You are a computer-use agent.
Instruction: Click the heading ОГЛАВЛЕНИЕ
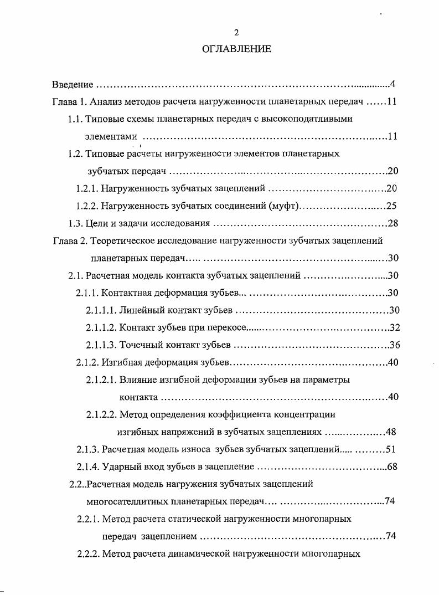coord(236,49)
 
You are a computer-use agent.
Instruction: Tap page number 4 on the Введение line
coord(392,85)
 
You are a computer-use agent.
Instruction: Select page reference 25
coord(391,206)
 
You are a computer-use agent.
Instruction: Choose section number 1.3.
coord(75,223)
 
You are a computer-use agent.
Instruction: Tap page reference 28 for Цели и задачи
coord(393,223)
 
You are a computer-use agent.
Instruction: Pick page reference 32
coord(395,327)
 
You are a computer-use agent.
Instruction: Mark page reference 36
coord(394,345)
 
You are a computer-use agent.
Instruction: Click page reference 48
coord(391,432)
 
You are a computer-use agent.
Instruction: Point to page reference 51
coord(390,449)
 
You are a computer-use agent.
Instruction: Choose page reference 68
coord(392,466)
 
